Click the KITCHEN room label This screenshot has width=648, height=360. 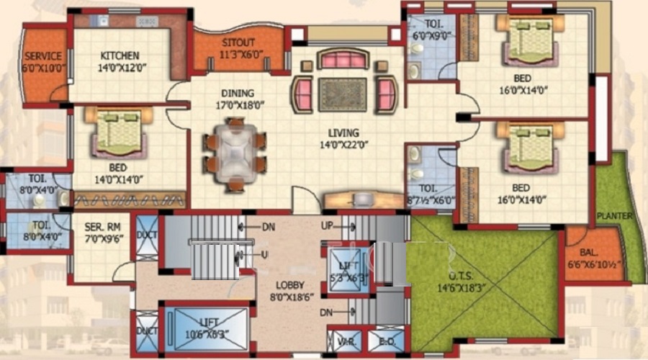point(120,55)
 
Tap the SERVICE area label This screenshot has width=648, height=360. point(43,55)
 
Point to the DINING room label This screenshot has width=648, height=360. point(237,94)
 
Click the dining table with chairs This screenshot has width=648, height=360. point(235,154)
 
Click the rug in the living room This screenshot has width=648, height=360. point(342,94)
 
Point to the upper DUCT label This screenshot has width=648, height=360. point(146,235)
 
